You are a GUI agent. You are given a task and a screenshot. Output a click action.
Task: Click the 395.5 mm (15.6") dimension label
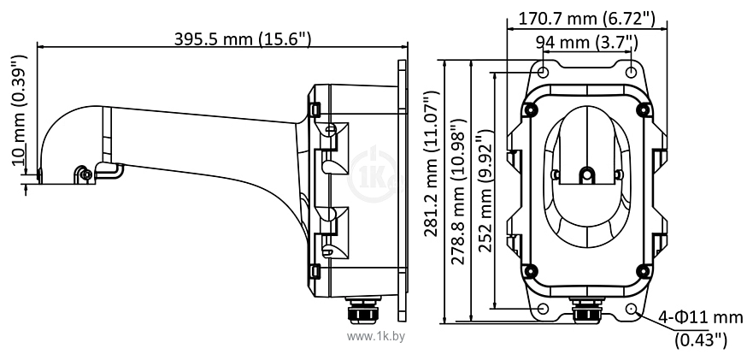pos(243,39)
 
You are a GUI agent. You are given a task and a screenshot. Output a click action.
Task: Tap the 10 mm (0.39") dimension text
pos(19,110)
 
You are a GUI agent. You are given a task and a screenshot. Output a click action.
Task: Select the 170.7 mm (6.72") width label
pos(587,19)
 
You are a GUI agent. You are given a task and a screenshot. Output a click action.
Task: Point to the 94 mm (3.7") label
pos(586,43)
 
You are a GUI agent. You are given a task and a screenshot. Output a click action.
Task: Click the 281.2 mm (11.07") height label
pos(431,163)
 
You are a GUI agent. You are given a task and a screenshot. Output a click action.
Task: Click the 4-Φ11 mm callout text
pos(701,317)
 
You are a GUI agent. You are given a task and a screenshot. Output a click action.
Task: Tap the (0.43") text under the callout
pos(701,339)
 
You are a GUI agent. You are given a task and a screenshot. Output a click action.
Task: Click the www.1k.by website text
pos(375,337)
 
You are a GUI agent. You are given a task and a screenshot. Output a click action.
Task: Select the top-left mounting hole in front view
pos(543,72)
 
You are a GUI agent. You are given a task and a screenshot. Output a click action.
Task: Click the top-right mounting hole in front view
pos(632,72)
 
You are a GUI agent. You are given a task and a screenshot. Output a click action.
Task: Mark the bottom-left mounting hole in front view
pos(543,308)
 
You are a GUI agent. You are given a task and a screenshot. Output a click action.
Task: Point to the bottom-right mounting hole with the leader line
pos(632,308)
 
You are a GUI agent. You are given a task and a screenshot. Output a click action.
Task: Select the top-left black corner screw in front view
pos(530,109)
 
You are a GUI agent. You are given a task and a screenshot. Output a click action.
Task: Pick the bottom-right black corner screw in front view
pos(644,271)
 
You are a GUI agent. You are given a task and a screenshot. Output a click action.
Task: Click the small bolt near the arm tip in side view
pos(85,174)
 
